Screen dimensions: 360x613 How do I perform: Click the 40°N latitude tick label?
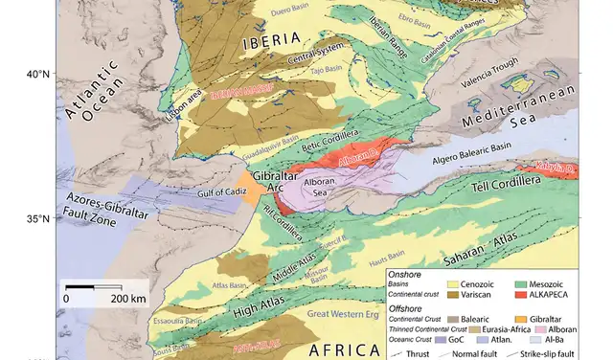click(x=37, y=74)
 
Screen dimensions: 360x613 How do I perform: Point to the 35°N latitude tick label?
click(x=37, y=219)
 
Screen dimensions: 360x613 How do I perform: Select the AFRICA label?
click(x=340, y=350)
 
